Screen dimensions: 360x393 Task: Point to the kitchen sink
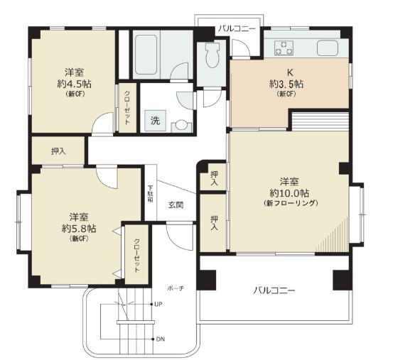pos(329,49)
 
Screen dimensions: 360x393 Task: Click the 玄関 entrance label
pos(176,205)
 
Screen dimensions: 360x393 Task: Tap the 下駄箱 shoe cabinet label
pos(150,194)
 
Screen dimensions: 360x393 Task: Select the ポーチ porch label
pos(176,288)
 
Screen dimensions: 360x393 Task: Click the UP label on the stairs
pos(159,304)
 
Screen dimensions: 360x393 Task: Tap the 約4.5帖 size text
pos(75,84)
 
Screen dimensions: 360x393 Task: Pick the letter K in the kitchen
pos(289,72)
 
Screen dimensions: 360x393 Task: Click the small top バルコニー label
pos(237,28)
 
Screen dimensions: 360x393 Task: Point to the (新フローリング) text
pos(293,203)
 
